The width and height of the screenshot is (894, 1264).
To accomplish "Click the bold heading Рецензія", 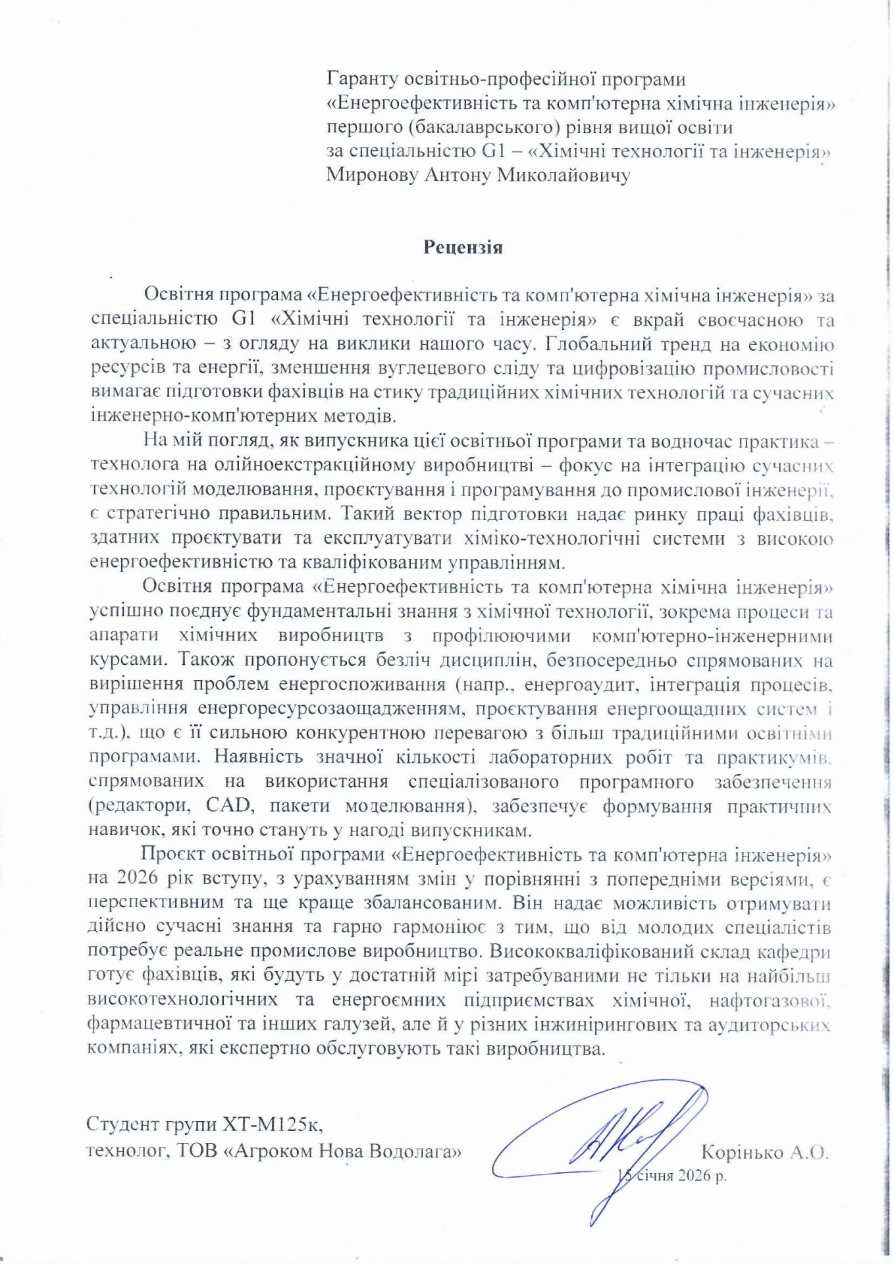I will (463, 248).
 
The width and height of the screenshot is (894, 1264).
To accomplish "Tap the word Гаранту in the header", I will (361, 80).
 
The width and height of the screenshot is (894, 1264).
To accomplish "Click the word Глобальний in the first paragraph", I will (600, 344).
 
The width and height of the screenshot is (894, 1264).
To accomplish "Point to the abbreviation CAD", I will (229, 806).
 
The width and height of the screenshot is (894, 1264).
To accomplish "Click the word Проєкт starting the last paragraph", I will (174, 855).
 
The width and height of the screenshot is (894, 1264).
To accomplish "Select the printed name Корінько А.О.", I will (764, 1152).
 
